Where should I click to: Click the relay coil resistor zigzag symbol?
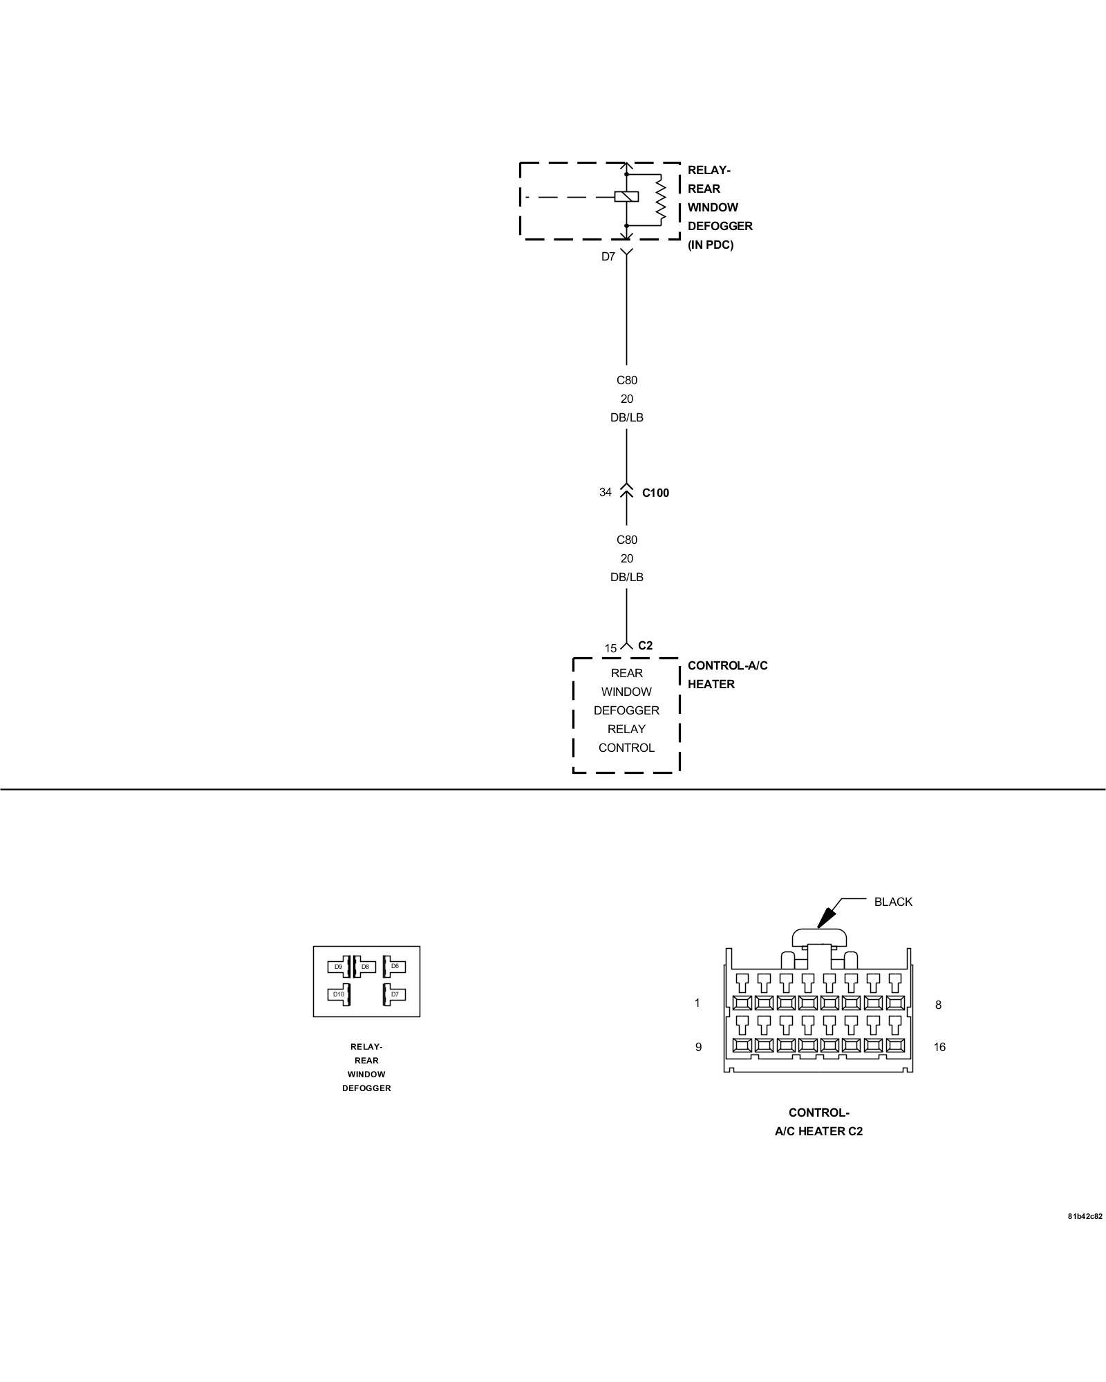tap(660, 199)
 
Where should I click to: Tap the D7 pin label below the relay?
tap(608, 257)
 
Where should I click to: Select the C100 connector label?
tap(655, 493)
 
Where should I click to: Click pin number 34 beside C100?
tap(605, 492)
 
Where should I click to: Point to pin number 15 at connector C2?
tap(610, 648)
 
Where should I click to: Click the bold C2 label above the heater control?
tap(645, 645)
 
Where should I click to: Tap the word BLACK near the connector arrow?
tap(893, 902)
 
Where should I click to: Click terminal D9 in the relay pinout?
tap(338, 967)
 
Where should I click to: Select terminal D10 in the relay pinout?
tap(338, 994)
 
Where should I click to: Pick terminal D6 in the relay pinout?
tap(395, 966)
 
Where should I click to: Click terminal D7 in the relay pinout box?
tap(395, 994)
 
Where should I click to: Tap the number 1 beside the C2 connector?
tap(697, 1003)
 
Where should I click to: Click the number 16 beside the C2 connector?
tap(939, 1047)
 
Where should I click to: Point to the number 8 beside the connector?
tap(938, 1005)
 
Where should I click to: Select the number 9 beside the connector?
tap(698, 1047)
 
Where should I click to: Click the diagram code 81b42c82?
tap(1085, 1216)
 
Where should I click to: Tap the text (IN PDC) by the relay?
tap(710, 245)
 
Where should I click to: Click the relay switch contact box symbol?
tap(626, 197)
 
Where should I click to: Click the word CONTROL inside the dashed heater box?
tap(626, 748)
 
